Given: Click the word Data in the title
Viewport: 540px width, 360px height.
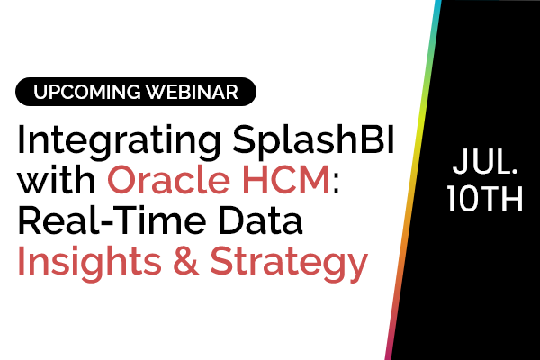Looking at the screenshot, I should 265,221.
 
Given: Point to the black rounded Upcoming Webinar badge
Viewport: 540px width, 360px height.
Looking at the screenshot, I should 135,92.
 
